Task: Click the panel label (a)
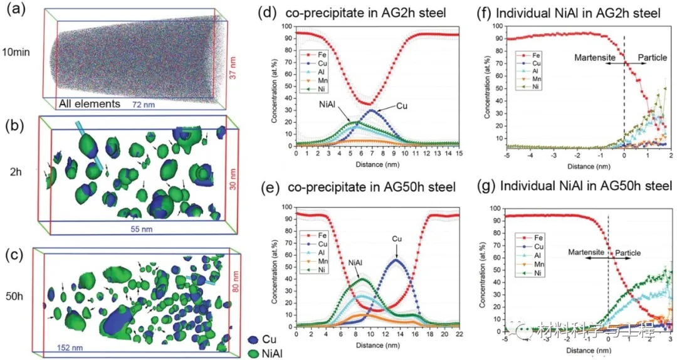tap(14, 11)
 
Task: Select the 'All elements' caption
tap(90, 103)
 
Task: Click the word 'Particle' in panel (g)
tap(627, 252)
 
